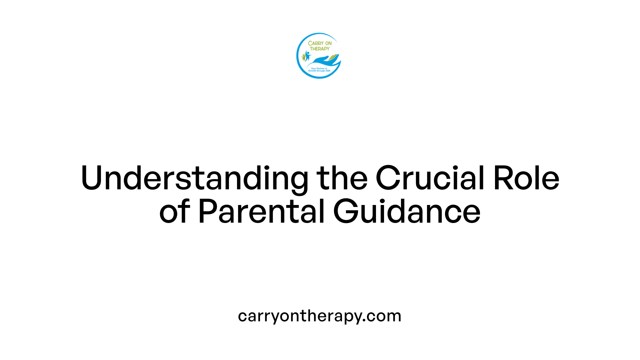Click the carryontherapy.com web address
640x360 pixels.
[320, 316]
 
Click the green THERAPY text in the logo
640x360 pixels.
[320, 49]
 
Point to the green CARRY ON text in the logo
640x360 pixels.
[320, 43]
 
